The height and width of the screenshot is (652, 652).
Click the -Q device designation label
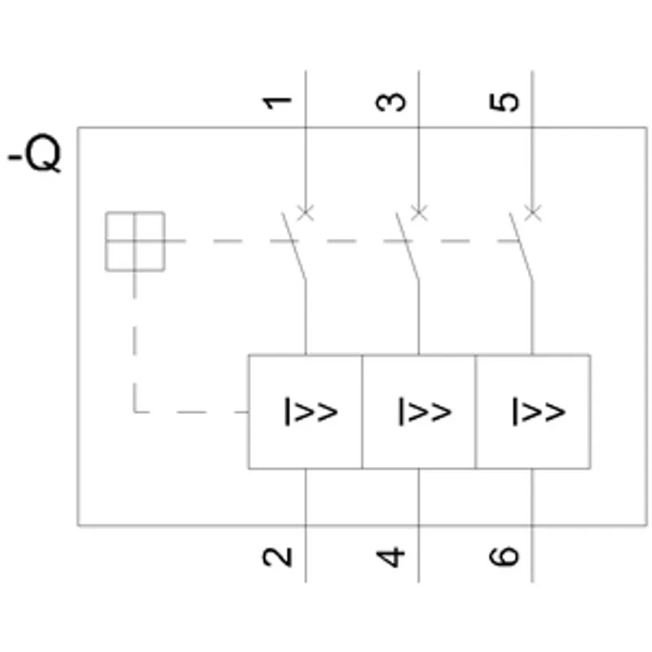tap(35, 152)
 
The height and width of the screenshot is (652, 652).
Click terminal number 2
tap(277, 557)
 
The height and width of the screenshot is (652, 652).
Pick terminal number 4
tap(390, 557)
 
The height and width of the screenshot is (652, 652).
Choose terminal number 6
tap(504, 557)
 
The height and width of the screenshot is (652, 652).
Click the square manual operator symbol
tap(135, 241)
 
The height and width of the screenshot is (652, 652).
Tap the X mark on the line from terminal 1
tap(306, 213)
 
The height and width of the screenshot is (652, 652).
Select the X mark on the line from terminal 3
tap(419, 213)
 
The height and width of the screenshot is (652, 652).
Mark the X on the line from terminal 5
tap(533, 213)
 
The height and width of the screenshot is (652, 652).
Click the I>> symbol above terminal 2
tap(311, 412)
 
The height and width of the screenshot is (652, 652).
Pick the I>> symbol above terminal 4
tap(425, 412)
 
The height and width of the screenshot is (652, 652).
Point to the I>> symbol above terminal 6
tap(539, 412)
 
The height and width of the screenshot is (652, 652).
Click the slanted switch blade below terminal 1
tap(294, 246)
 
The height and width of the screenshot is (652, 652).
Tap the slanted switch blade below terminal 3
tap(407, 246)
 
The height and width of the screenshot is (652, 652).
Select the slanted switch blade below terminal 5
tap(521, 246)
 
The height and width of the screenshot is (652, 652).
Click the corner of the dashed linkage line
tap(134, 412)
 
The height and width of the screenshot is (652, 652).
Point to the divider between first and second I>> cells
tap(362, 412)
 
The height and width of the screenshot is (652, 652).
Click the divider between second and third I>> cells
tap(475, 412)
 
